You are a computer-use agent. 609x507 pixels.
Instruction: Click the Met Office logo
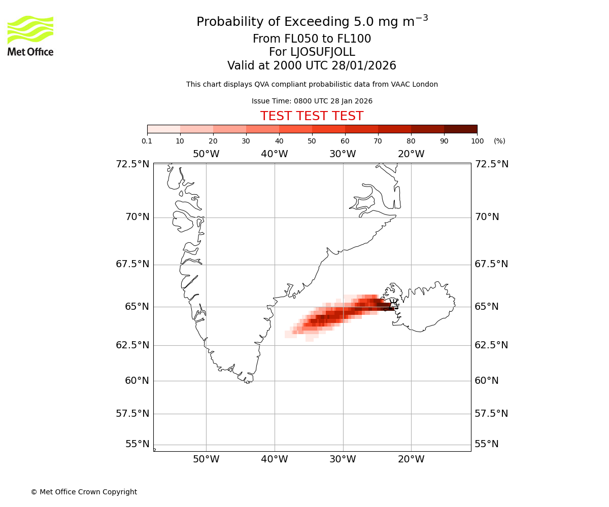pos(30,35)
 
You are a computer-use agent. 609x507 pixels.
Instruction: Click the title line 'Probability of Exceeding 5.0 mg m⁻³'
pos(312,22)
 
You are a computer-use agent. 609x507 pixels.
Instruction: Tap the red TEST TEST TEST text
pos(312,116)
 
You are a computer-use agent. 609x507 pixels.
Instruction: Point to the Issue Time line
pos(312,101)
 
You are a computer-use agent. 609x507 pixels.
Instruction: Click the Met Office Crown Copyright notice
pos(84,492)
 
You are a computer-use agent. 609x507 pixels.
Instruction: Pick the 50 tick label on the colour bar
pos(312,141)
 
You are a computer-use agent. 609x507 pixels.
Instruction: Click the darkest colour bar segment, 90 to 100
pos(460,129)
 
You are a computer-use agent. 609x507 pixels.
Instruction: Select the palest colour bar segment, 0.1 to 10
pos(163,129)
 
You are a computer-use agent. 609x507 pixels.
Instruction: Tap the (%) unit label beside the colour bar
pos(499,141)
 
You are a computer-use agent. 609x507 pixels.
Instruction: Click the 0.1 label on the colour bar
pos(147,141)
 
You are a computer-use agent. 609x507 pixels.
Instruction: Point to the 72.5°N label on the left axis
pos(132,164)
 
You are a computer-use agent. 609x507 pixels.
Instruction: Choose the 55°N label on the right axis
pos(487,444)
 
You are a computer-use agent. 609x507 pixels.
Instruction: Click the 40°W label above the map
pos(275,154)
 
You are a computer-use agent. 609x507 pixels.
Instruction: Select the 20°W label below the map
pos(411,460)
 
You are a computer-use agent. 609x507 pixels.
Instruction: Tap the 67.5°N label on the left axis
pos(132,264)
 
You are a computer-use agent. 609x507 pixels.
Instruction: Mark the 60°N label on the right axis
pos(487,381)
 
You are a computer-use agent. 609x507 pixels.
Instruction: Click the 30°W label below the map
pos(343,460)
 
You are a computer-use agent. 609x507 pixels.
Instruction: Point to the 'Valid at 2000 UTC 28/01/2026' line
pos(312,66)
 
